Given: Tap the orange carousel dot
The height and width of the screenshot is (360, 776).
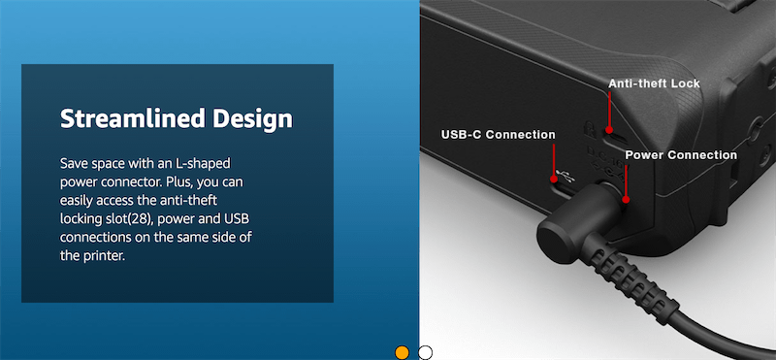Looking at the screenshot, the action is point(402,352).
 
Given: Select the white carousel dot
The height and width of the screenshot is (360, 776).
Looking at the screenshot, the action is point(425,352).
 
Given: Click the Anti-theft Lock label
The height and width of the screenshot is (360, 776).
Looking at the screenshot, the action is point(654,83).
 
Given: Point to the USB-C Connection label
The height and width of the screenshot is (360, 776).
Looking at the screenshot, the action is point(498,135).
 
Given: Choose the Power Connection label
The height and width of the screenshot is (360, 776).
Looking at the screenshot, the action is point(681,155).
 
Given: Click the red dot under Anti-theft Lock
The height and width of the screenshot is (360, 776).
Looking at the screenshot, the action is point(609,130).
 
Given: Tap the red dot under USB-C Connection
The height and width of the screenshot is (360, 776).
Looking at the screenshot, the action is point(554,178).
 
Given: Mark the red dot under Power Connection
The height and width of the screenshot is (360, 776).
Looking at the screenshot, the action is point(626,200).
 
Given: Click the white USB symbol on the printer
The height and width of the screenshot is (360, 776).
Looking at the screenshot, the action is point(565,176).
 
